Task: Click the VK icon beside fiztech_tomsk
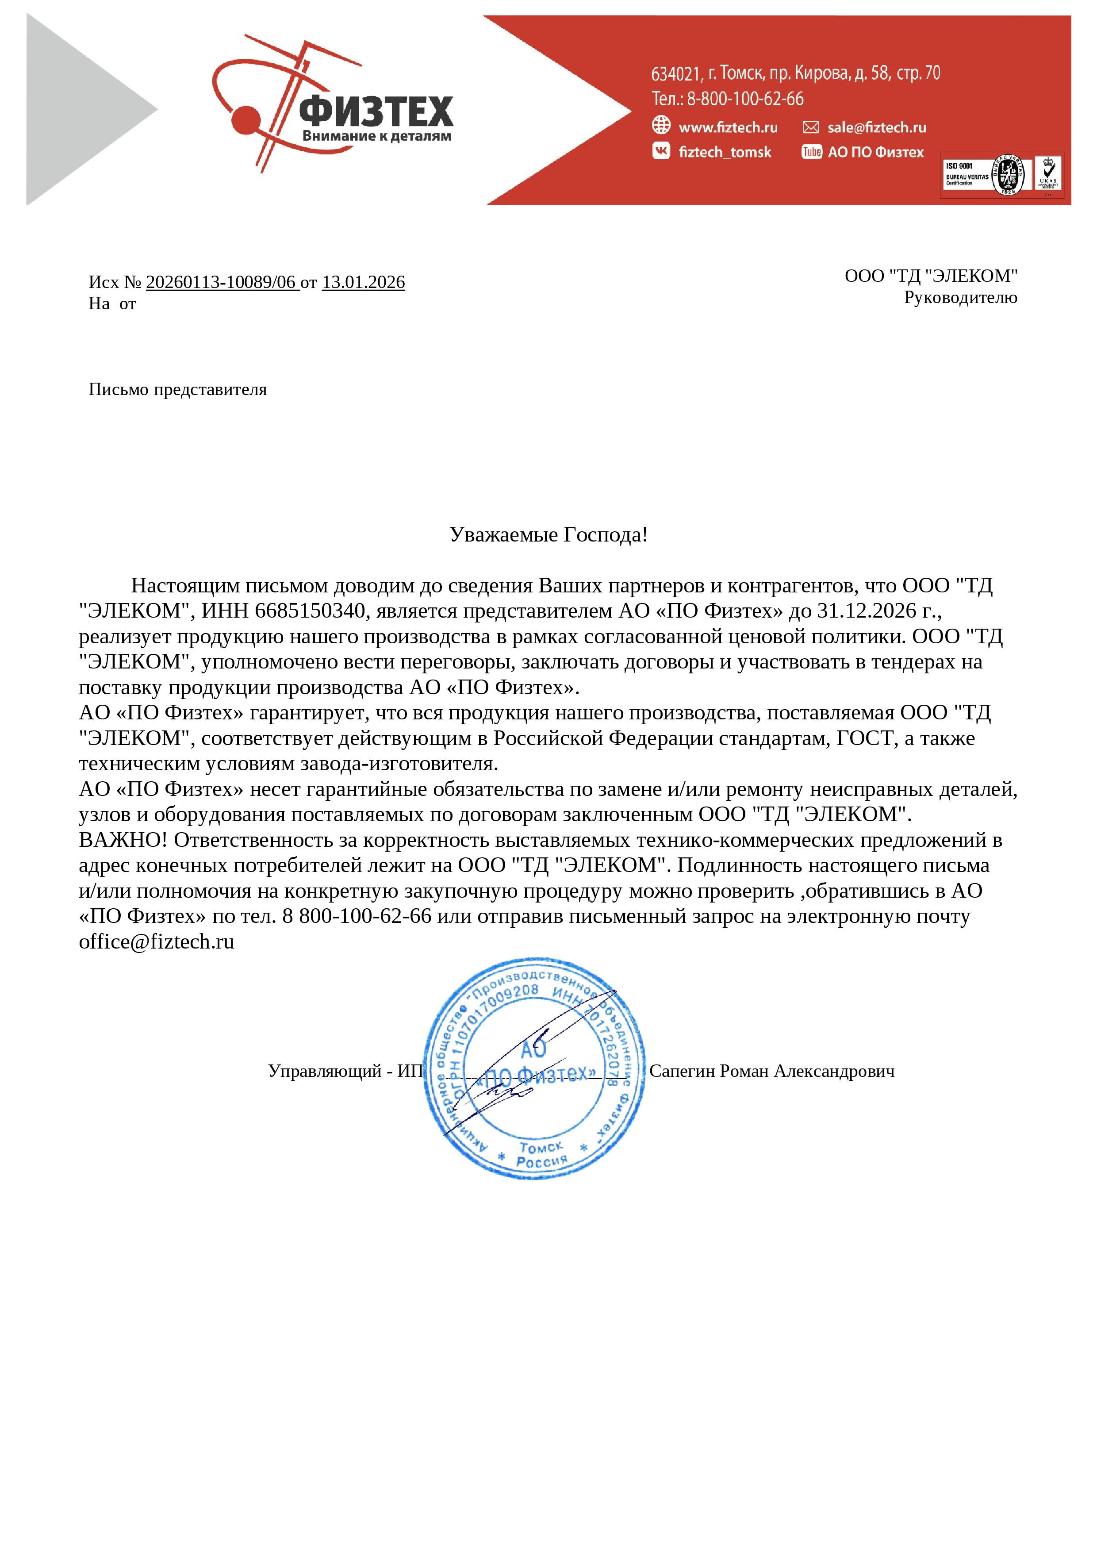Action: point(660,151)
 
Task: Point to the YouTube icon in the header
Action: point(811,151)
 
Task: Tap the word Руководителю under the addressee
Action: point(960,297)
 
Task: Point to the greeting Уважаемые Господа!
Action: point(548,535)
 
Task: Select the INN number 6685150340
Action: point(310,611)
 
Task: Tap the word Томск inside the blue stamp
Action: point(540,1148)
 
